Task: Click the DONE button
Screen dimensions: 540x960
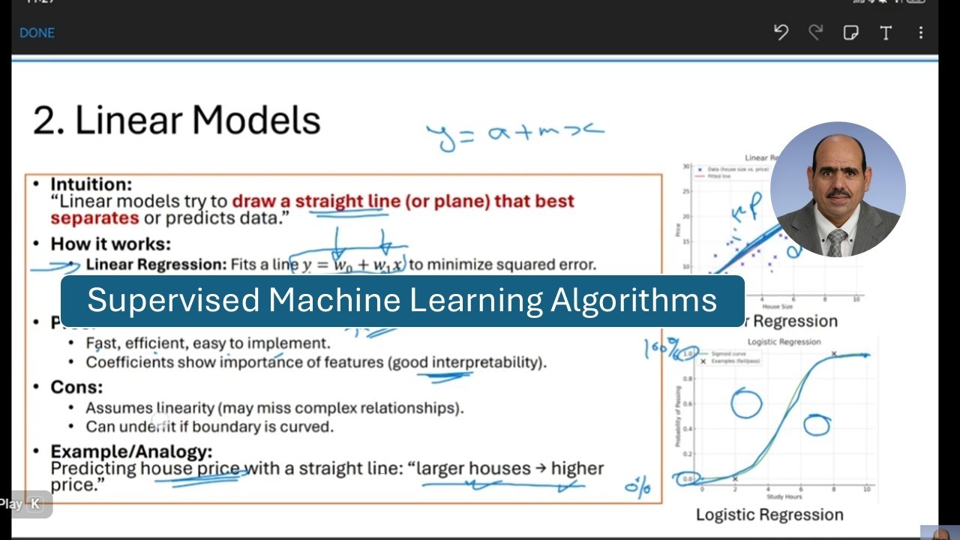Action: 37,33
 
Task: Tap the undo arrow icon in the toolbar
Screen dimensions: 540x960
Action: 781,32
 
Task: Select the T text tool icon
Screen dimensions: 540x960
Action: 886,33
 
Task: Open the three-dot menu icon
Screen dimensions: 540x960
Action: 921,33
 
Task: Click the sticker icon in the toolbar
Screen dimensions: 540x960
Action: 850,33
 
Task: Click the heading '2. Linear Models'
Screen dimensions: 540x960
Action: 177,120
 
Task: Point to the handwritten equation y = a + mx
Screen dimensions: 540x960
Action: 514,135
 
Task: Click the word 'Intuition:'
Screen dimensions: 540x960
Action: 91,184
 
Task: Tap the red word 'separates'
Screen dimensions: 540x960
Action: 94,218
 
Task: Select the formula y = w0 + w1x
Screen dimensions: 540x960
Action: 352,265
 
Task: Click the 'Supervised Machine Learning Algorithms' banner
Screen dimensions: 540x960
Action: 402,301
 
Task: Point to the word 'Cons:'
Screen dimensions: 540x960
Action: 76,387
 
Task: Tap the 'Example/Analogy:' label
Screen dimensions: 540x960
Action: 131,451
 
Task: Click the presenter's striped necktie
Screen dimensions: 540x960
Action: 837,241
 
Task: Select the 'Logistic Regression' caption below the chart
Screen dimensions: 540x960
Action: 769,514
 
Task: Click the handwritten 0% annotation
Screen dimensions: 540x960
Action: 637,487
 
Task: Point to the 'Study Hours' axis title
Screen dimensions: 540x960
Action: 784,497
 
